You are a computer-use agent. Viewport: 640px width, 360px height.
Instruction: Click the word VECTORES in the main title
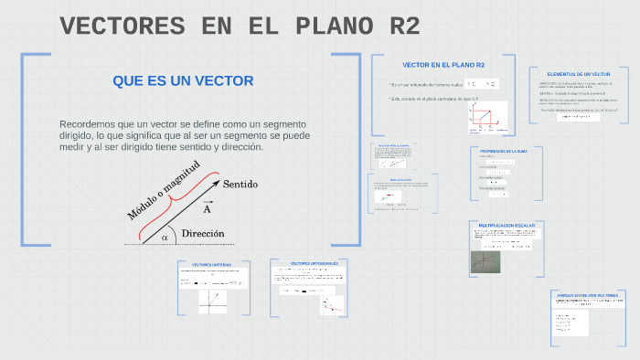pos(124,26)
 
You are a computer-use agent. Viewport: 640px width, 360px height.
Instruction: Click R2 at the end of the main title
pos(398,26)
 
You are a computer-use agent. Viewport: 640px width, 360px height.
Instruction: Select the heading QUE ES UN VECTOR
pos(183,81)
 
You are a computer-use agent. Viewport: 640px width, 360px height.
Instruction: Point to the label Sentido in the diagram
pos(240,185)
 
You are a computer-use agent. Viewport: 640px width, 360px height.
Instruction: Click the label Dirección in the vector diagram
pos(203,234)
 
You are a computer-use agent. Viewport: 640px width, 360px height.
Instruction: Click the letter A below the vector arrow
pos(208,208)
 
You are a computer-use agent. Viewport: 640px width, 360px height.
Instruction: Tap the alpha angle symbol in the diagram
pos(165,238)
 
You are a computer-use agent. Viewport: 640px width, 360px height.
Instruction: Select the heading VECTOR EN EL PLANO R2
pos(443,65)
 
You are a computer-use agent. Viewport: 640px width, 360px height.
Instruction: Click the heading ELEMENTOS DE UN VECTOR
pos(578,74)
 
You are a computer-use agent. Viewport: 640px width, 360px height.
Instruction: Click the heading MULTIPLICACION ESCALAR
pos(507,225)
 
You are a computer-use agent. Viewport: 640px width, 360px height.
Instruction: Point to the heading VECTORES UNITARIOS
pos(211,265)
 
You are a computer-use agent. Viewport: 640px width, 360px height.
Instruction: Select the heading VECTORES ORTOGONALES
pos(314,263)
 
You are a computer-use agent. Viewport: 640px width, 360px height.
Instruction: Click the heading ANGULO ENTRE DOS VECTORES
pos(588,296)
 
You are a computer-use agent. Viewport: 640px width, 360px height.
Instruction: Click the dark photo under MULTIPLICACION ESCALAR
pos(485,263)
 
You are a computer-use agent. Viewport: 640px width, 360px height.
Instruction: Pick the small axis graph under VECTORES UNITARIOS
pos(212,301)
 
